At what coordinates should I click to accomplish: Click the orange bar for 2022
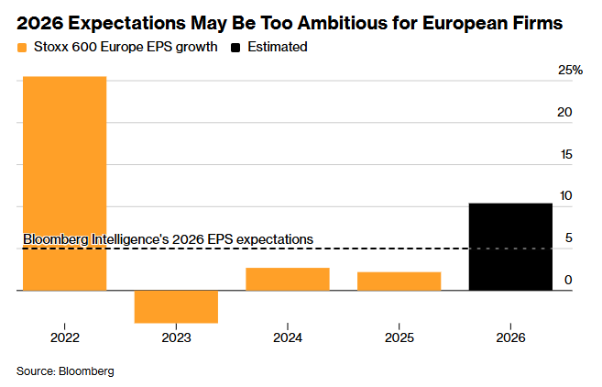64,183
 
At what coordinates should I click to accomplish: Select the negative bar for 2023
176,306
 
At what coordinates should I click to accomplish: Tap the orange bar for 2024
288,279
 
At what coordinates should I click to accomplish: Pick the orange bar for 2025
399,282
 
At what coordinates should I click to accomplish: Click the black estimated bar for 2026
510,247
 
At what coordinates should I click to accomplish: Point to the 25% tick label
571,71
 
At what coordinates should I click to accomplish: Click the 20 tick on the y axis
565,112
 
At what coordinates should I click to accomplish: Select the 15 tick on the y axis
565,154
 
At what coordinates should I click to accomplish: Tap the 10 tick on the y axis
565,195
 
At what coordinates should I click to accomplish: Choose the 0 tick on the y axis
569,280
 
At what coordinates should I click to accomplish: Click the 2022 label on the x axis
64,337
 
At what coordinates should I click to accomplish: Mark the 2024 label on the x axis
288,337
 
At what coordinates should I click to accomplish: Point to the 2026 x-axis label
510,337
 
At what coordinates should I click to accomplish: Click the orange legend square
22,46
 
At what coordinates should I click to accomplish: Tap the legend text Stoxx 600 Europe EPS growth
126,46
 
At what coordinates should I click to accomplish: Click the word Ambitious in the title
347,19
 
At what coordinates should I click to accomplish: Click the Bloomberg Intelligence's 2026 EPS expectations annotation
168,238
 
